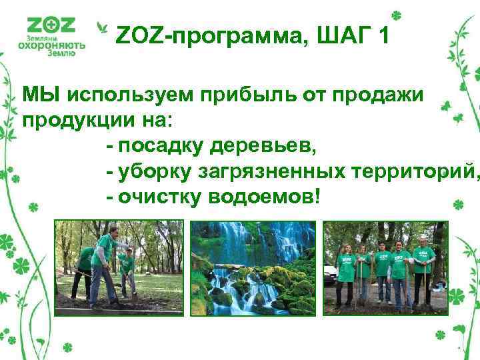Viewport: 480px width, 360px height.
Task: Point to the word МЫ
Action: pos(41,95)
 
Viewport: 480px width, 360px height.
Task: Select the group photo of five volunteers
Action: pos(385,267)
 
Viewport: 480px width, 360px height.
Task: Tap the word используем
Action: pos(129,95)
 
